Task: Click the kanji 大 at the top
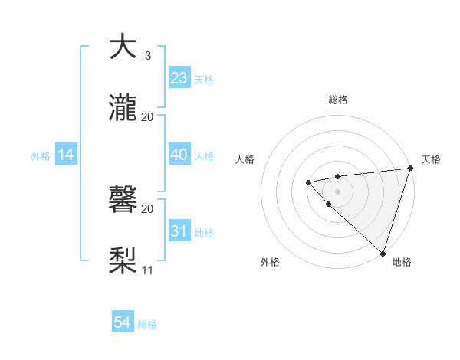pyautogui.click(x=123, y=47)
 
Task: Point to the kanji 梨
pyautogui.click(x=123, y=261)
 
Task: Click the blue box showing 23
pyautogui.click(x=179, y=77)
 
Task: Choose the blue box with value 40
pyautogui.click(x=179, y=155)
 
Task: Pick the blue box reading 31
pyautogui.click(x=179, y=231)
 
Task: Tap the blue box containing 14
pyautogui.click(x=66, y=155)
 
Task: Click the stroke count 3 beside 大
pyautogui.click(x=148, y=55)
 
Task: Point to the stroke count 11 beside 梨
pyautogui.click(x=148, y=270)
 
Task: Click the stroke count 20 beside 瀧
pyautogui.click(x=148, y=116)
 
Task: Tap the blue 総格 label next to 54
pyautogui.click(x=148, y=324)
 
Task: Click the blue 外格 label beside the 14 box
pyautogui.click(x=41, y=156)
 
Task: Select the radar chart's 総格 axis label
pyautogui.click(x=338, y=100)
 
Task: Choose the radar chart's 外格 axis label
pyautogui.click(x=270, y=262)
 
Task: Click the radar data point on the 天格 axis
pyautogui.click(x=410, y=169)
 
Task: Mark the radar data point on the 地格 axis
pyautogui.click(x=383, y=253)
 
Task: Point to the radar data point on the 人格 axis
pyautogui.click(x=308, y=182)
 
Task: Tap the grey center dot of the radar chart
pyautogui.click(x=337, y=191)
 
